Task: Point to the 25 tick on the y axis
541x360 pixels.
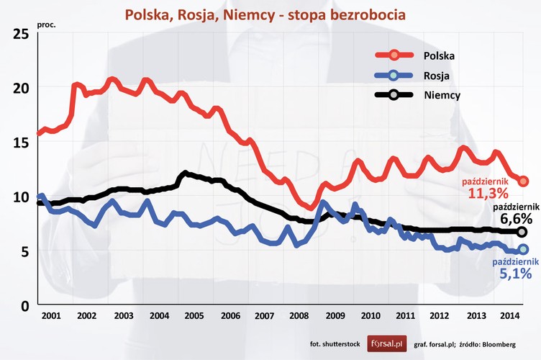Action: click(x=21, y=33)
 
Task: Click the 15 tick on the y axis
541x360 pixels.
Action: click(x=21, y=142)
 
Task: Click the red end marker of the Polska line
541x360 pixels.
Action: click(x=523, y=181)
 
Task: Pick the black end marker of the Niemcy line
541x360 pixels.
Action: click(x=522, y=232)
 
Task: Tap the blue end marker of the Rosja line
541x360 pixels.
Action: click(x=523, y=249)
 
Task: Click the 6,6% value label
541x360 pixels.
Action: click(x=516, y=218)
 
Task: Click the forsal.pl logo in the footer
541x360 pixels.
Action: click(x=386, y=345)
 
